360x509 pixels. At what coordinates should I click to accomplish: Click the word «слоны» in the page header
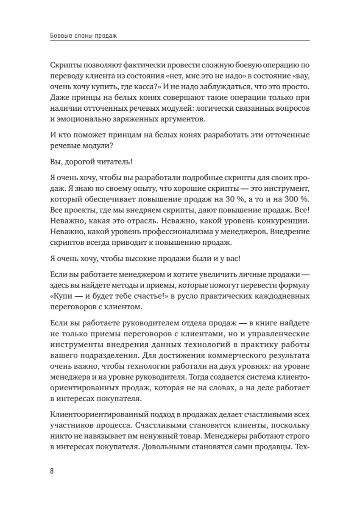(81, 37)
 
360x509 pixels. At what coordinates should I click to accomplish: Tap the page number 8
(52, 472)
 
